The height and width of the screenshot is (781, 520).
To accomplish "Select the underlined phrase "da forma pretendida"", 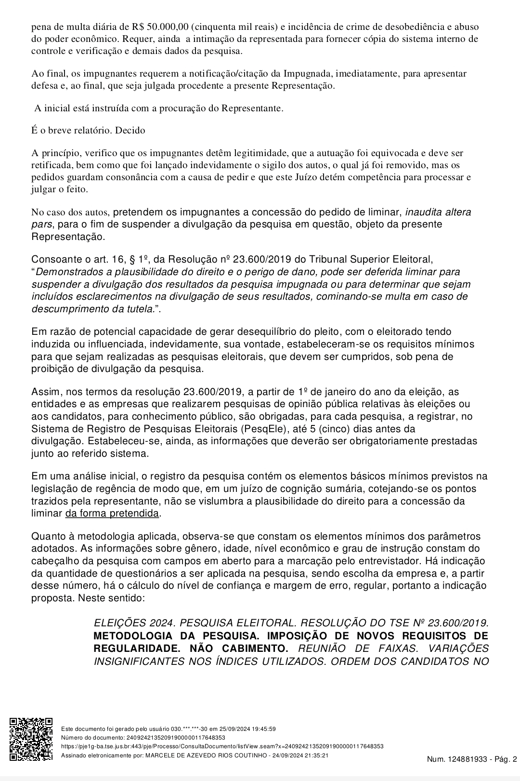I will tap(112, 514).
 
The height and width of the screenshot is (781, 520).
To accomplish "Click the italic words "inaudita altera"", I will tap(438, 212).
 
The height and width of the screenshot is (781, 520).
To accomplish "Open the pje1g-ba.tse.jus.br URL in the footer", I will tap(222, 746).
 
